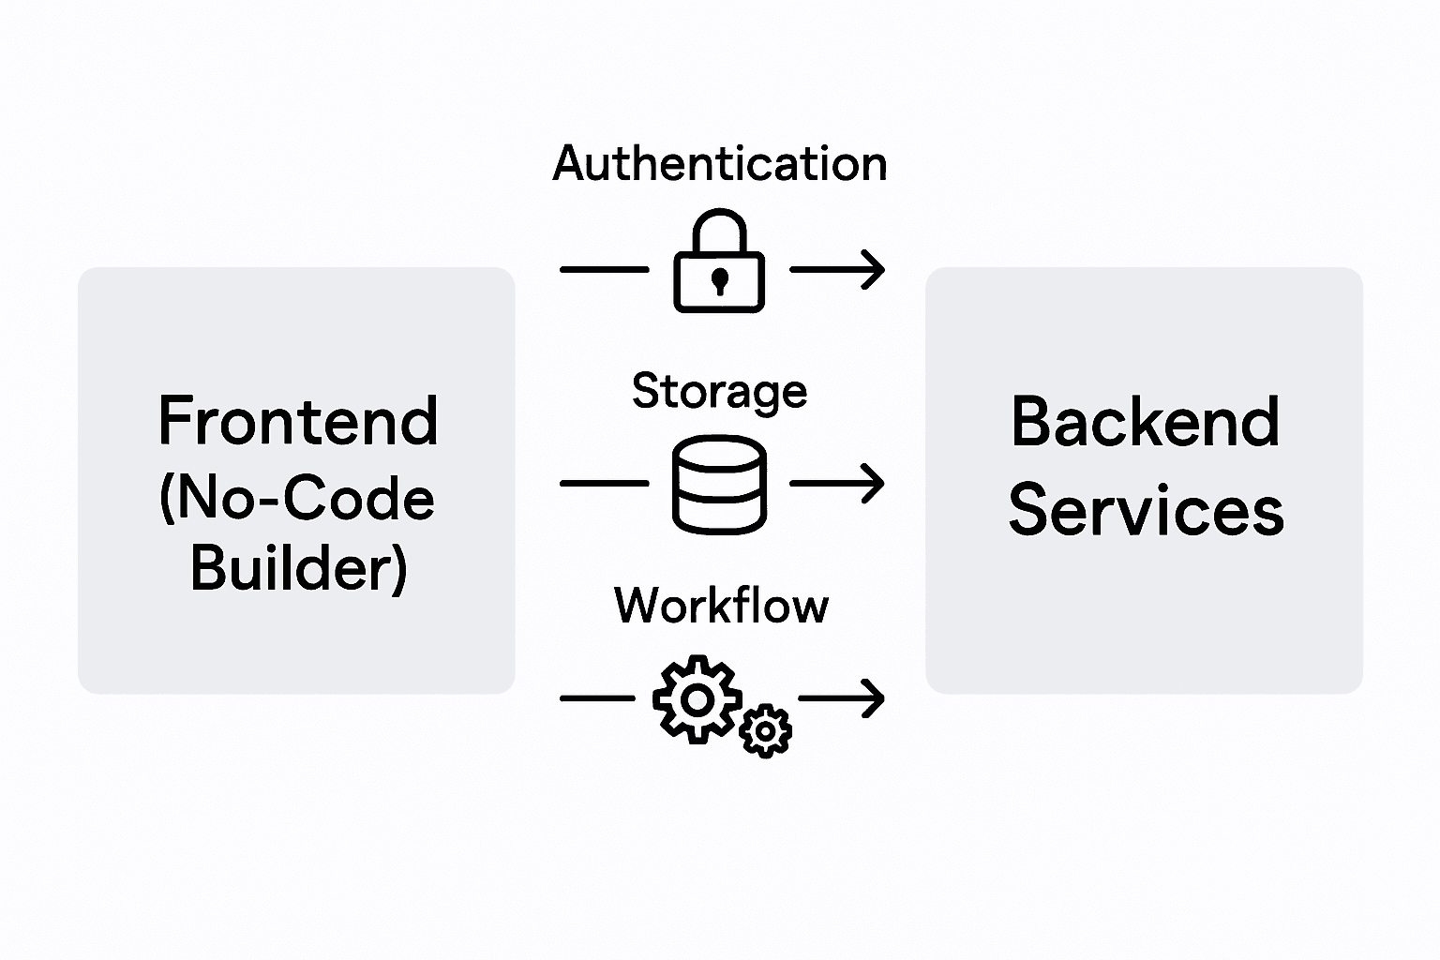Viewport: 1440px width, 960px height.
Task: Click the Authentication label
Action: click(x=719, y=164)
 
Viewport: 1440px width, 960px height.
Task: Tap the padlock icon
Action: click(x=719, y=272)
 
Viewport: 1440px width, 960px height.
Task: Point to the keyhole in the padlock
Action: click(x=719, y=280)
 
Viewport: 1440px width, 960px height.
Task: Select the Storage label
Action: click(x=719, y=390)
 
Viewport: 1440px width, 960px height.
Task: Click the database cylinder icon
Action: click(x=719, y=484)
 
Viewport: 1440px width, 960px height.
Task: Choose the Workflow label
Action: click(x=721, y=605)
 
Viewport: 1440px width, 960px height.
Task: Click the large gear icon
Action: click(x=697, y=699)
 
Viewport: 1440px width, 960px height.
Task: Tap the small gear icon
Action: click(x=766, y=729)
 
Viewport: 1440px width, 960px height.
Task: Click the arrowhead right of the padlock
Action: click(x=874, y=269)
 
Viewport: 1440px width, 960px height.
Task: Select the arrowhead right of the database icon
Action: click(x=874, y=484)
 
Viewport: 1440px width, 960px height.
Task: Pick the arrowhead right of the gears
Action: click(x=874, y=698)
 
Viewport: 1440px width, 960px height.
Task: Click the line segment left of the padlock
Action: click(x=604, y=269)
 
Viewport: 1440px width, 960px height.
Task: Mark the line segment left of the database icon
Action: click(x=604, y=484)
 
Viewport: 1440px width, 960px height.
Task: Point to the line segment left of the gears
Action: click(x=597, y=698)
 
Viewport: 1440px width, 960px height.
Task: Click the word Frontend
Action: click(x=298, y=421)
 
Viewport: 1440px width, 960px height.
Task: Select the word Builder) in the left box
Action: click(x=298, y=568)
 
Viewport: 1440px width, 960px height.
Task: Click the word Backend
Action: click(x=1145, y=422)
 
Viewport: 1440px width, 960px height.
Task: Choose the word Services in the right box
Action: click(x=1146, y=511)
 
